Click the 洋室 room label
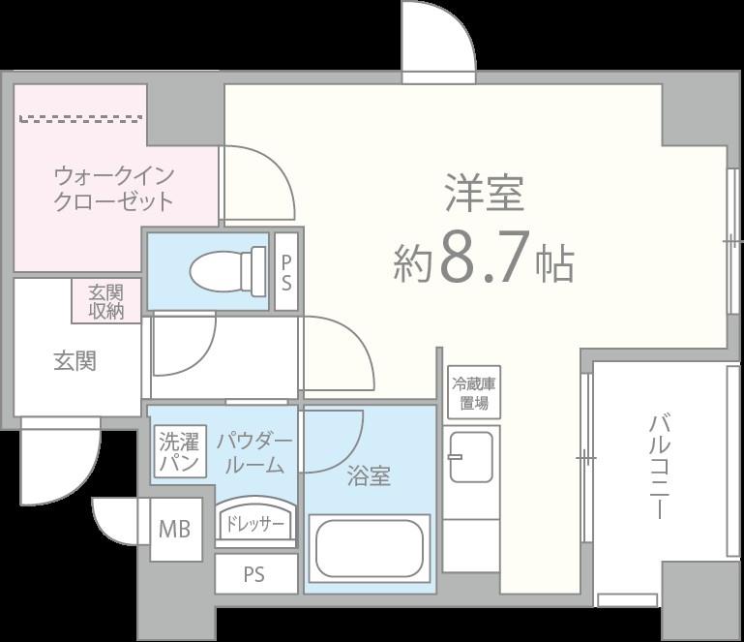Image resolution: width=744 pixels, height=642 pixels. (484, 193)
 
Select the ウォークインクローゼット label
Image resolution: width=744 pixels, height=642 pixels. (113, 189)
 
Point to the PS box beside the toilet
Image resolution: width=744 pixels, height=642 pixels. (287, 271)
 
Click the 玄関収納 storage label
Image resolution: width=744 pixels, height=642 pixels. (105, 301)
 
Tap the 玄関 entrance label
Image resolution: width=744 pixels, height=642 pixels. (74, 361)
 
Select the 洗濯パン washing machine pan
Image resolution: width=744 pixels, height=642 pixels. (179, 453)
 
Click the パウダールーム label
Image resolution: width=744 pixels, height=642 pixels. (253, 453)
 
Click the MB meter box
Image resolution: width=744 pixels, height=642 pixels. (174, 530)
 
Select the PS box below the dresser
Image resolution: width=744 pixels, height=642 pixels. (253, 574)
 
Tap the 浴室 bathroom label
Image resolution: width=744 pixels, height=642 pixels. (369, 475)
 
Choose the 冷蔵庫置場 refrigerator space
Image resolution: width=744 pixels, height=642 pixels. (473, 392)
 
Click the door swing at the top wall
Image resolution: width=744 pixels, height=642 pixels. (437, 39)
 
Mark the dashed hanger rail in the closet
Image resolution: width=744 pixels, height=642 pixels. (81, 119)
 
